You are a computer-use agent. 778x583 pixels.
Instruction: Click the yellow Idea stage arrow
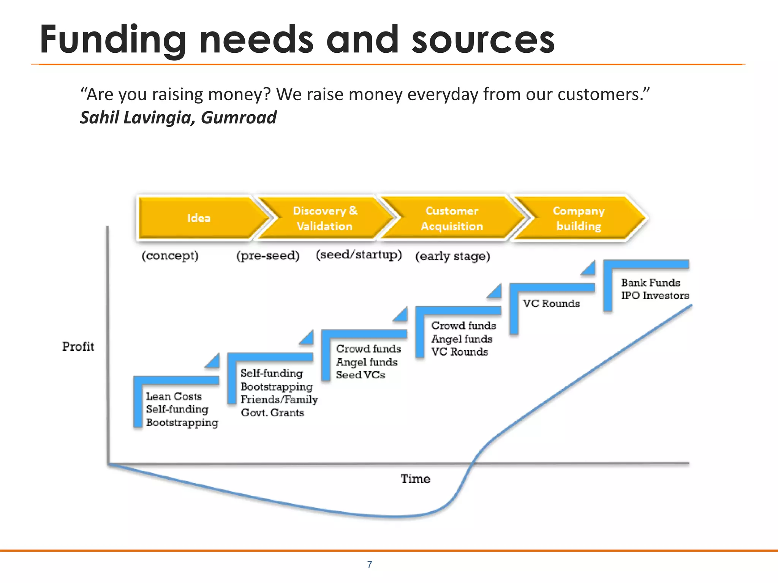199,218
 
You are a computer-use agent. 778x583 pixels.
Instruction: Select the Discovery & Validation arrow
325,218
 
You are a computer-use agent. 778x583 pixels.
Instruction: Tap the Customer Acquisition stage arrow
452,218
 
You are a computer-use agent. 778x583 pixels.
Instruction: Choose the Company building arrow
579,218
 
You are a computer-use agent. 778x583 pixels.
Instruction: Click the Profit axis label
78,346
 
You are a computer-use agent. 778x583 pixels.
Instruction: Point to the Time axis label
415,479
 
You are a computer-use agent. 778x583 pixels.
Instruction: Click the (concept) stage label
170,256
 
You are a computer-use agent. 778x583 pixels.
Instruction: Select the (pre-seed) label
268,256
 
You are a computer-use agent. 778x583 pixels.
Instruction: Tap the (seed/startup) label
359,254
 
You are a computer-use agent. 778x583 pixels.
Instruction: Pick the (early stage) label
452,256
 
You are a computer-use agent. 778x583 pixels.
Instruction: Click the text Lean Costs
174,396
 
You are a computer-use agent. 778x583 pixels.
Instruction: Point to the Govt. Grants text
272,413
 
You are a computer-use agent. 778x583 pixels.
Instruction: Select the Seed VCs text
360,375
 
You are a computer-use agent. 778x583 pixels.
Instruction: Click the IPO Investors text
655,295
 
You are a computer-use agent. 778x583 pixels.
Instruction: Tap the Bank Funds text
650,282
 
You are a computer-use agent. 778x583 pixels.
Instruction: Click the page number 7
370,565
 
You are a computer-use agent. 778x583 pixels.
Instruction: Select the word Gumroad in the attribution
239,118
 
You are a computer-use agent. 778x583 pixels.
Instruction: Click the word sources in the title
483,39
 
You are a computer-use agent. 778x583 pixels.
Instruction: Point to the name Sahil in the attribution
99,118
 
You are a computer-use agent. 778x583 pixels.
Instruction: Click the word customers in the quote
600,94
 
